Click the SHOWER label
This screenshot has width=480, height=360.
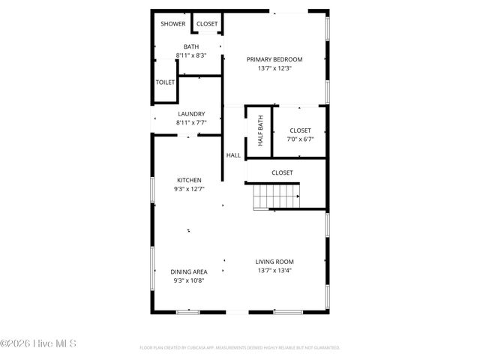[172, 24]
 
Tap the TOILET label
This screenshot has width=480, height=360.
[165, 82]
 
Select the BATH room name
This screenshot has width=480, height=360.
[191, 47]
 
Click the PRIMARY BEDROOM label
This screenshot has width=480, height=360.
[274, 59]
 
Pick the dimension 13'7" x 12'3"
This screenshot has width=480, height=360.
[274, 68]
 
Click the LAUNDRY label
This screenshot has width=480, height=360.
[191, 114]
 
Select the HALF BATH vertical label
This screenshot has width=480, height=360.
[260, 130]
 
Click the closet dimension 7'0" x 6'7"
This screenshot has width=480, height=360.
[300, 139]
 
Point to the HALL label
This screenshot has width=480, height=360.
[233, 155]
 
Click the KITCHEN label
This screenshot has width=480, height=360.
[189, 180]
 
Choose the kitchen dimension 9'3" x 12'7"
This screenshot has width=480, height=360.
[189, 189]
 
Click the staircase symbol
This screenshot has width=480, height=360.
[276, 196]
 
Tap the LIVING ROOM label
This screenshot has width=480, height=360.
[274, 262]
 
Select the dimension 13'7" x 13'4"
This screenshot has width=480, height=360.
[274, 270]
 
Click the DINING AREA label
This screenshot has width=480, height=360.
[189, 271]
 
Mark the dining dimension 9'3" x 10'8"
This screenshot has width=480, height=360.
[189, 280]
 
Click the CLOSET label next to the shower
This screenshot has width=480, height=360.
[207, 24]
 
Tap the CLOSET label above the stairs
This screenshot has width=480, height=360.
[282, 172]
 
